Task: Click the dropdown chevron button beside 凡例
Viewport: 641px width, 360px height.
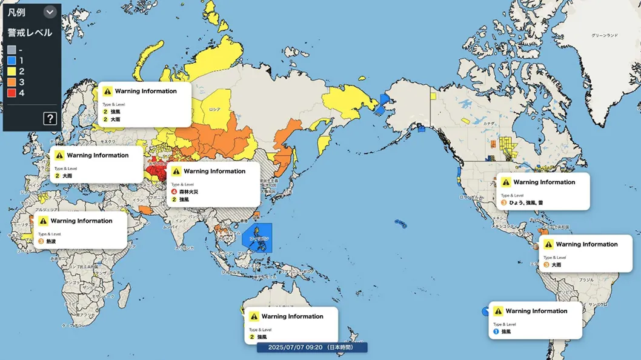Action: pyautogui.click(x=50, y=12)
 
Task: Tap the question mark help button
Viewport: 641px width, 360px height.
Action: pyautogui.click(x=50, y=118)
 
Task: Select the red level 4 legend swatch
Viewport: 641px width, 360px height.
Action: pyautogui.click(x=12, y=93)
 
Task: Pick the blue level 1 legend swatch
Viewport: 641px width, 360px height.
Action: pyautogui.click(x=12, y=61)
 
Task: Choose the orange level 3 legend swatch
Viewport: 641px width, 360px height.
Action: pyautogui.click(x=12, y=82)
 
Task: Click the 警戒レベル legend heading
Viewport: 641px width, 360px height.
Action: pyautogui.click(x=30, y=33)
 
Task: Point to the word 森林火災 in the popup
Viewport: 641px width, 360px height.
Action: pyautogui.click(x=188, y=192)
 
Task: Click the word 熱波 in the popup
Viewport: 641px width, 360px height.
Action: pyautogui.click(x=51, y=241)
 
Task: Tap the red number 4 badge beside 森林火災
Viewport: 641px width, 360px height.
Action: pyautogui.click(x=174, y=192)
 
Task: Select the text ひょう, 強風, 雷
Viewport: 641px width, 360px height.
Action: pyautogui.click(x=526, y=202)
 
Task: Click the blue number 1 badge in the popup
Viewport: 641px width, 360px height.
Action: pyautogui.click(x=496, y=332)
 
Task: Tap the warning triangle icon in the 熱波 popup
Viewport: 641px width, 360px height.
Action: pyautogui.click(x=43, y=221)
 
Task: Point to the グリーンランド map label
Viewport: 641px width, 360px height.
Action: pyautogui.click(x=604, y=36)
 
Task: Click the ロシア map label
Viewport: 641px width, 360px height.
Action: pyautogui.click(x=214, y=110)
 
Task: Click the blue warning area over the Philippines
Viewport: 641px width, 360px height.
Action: pyautogui.click(x=257, y=238)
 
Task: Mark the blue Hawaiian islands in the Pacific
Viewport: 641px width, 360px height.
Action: pyautogui.click(x=400, y=224)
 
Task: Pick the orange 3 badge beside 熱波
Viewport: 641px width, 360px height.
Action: pyautogui.click(x=41, y=241)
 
